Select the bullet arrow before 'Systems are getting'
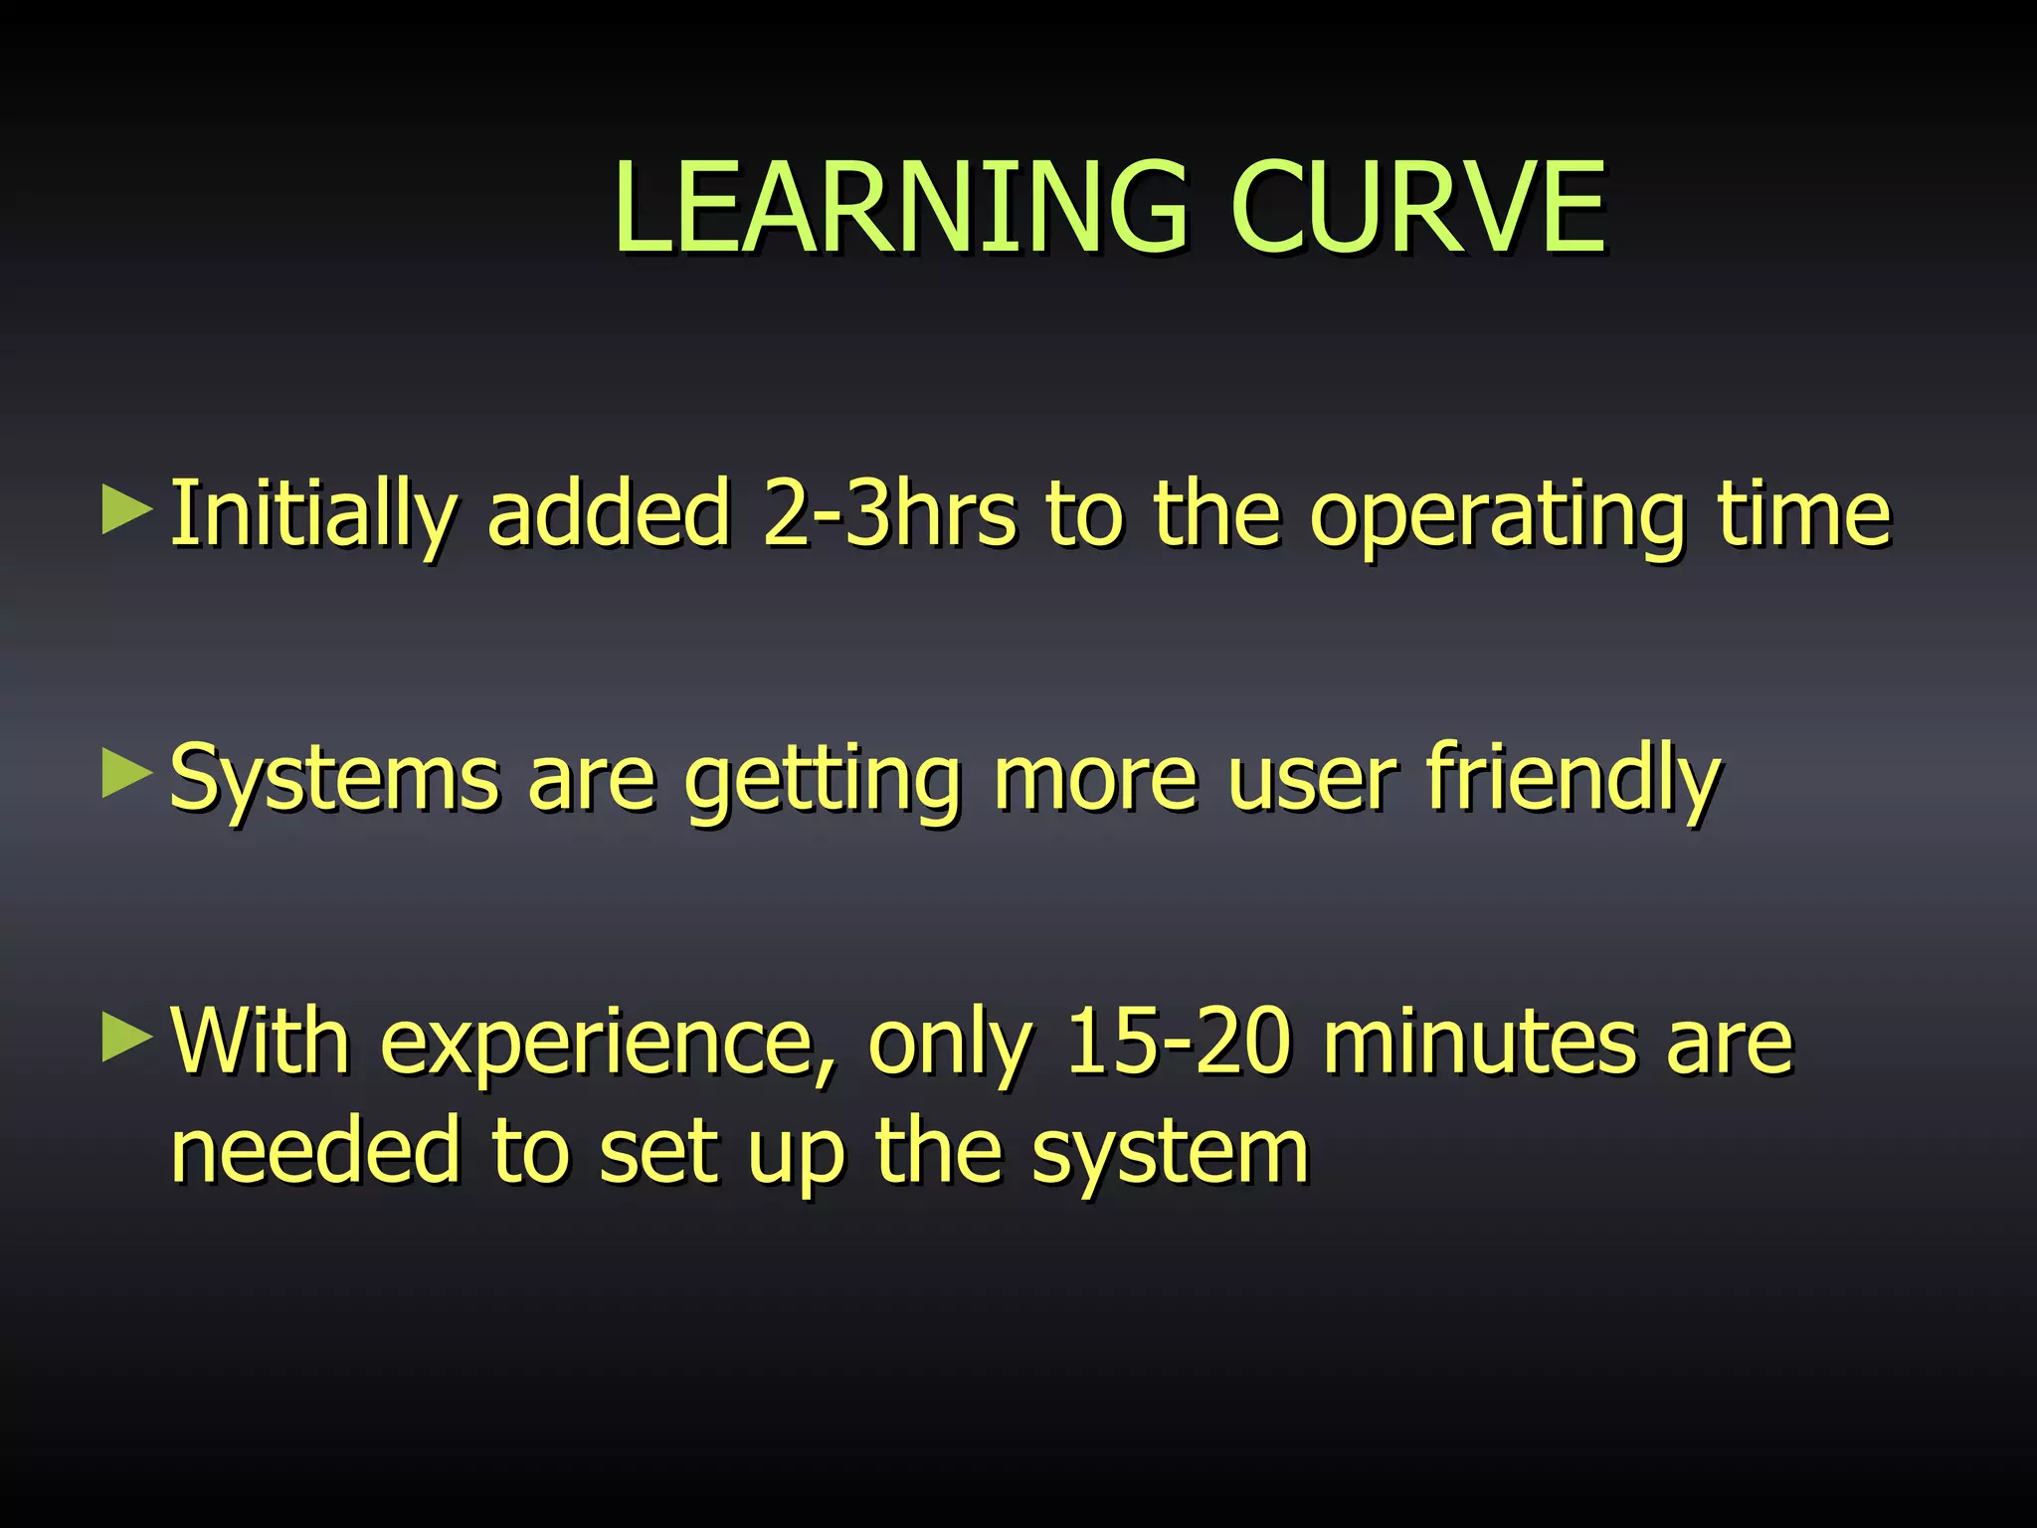click(127, 774)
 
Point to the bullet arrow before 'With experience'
click(127, 1039)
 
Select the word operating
click(1496, 515)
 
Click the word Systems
click(334, 778)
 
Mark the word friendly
click(1573, 778)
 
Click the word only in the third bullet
click(950, 1045)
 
